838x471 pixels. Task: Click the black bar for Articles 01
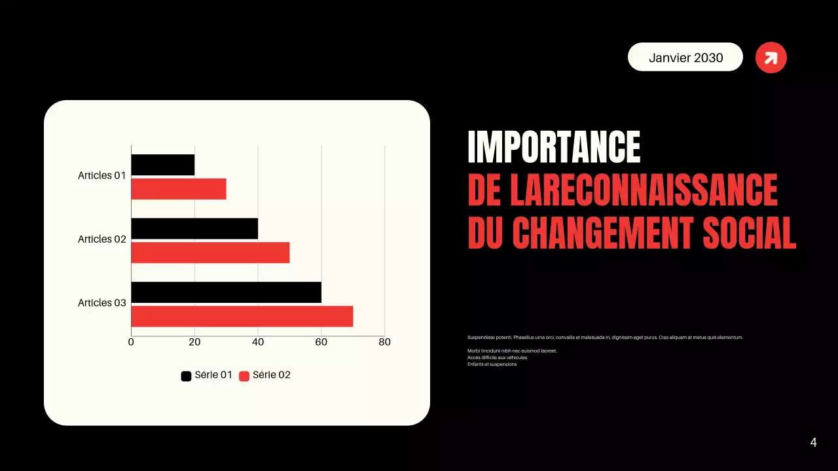[163, 165]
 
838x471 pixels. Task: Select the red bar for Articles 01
[179, 189]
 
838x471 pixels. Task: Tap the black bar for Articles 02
[194, 228]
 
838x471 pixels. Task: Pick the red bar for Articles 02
[210, 253]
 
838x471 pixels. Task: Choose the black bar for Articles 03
[226, 292]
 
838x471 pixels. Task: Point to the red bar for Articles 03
[242, 317]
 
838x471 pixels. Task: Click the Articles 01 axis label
[101, 175]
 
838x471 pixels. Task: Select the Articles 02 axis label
[101, 239]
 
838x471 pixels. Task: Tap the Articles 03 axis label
[101, 303]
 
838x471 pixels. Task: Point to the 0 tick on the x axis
[131, 342]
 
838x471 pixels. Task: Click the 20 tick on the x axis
[194, 342]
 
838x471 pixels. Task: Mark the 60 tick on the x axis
[321, 342]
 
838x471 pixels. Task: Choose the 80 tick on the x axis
[384, 342]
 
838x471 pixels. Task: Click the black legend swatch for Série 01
[186, 376]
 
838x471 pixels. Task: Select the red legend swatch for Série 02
[244, 376]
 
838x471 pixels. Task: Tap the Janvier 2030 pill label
[685, 58]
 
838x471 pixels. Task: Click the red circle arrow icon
[771, 58]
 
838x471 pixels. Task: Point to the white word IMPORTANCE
[554, 147]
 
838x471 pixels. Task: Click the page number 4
[813, 443]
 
